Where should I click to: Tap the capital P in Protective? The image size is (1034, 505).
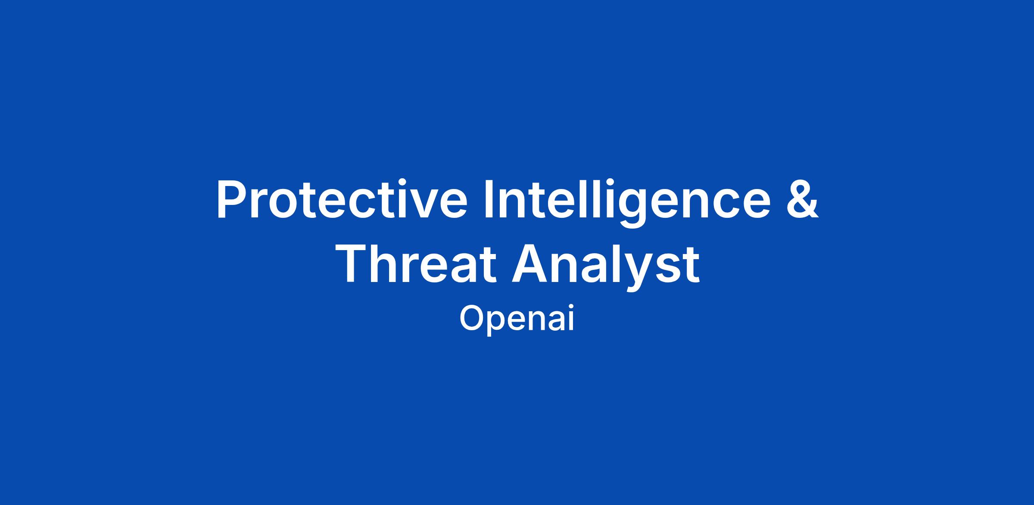(x=231, y=199)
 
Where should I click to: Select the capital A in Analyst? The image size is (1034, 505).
(x=530, y=263)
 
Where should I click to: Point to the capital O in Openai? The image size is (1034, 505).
(x=472, y=319)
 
